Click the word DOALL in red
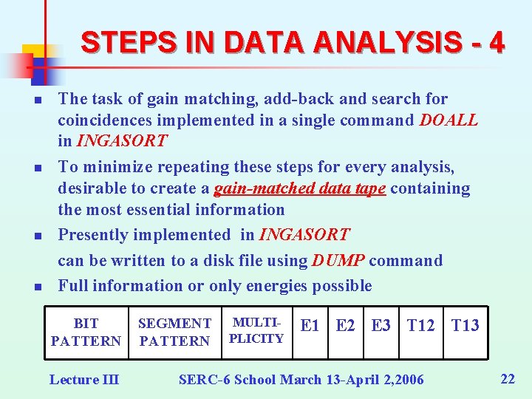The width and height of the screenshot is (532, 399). point(449,120)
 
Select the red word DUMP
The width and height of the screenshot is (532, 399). point(338,261)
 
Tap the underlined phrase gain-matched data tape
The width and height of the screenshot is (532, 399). point(300,189)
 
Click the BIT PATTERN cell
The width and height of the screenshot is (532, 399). point(86,332)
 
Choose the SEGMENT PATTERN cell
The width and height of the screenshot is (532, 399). point(174,332)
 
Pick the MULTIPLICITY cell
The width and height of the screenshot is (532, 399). point(256,330)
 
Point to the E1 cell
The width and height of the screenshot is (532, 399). point(310,325)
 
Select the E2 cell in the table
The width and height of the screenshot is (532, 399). point(345,325)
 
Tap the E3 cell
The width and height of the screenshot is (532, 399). point(381,325)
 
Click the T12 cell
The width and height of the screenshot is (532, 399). point(420,325)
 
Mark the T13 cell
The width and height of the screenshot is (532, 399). point(465,325)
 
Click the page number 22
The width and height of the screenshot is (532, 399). point(508,379)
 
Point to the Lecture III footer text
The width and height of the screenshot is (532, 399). point(83,380)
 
